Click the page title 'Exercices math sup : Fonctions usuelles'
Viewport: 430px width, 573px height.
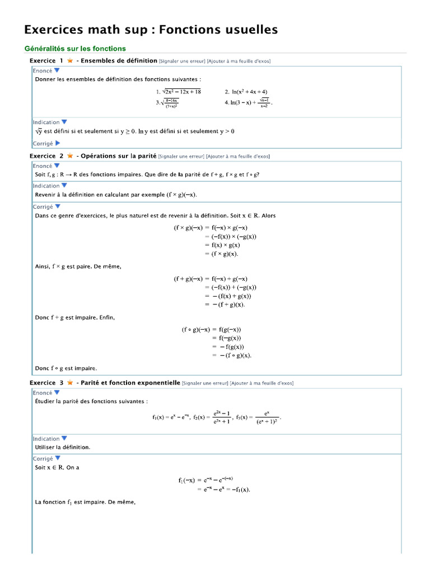(151, 30)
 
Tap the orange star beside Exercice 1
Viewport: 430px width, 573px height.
(69, 60)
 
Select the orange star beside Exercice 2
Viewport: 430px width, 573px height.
(69, 156)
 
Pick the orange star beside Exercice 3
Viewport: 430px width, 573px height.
(69, 383)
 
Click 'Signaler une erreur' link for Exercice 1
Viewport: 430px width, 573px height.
(181, 61)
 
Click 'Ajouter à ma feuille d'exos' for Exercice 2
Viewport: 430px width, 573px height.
(237, 157)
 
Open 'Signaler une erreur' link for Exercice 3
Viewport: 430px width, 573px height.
(204, 383)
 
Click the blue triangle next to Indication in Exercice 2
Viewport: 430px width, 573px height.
(64, 185)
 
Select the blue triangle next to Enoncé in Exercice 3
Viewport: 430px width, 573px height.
(57, 393)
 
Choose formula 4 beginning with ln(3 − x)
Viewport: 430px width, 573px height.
(250, 103)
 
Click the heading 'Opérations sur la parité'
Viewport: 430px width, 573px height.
(119, 156)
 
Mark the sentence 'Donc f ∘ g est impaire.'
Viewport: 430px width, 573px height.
(66, 368)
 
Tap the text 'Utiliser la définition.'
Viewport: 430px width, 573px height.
(63, 447)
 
